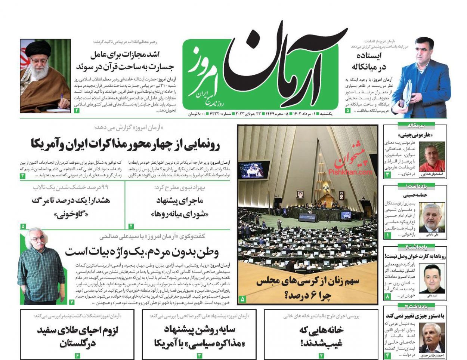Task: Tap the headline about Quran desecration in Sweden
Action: tap(125, 61)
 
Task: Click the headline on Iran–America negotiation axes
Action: tap(125, 144)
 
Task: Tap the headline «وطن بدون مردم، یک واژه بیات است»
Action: tap(142, 251)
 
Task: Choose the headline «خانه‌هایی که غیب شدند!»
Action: tap(321, 336)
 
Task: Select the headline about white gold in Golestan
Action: tap(77, 336)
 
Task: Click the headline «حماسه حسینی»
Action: tap(415, 195)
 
